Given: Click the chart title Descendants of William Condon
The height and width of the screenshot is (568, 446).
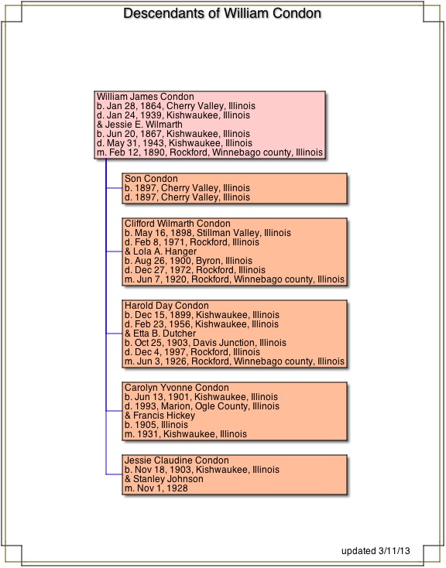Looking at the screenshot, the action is pyautogui.click(x=222, y=13).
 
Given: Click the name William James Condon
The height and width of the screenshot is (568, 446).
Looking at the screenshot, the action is pyautogui.click(x=146, y=97).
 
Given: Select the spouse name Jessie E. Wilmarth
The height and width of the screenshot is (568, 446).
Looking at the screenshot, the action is pyautogui.click(x=143, y=125).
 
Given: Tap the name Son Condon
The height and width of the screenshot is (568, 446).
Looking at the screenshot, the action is pyautogui.click(x=151, y=179).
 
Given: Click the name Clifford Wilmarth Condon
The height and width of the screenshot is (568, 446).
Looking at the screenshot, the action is pyautogui.click(x=177, y=224).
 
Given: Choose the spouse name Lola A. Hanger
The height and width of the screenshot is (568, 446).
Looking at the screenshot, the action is pyautogui.click(x=165, y=251).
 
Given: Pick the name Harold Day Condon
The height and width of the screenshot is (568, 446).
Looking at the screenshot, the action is pyautogui.click(x=166, y=306).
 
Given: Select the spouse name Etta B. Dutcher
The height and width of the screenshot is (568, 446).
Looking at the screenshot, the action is pyautogui.click(x=165, y=334).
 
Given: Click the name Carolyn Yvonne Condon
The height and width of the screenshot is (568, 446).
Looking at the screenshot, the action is pyautogui.click(x=177, y=387).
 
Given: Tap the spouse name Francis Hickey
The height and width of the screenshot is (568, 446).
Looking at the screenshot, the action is pyautogui.click(x=164, y=415).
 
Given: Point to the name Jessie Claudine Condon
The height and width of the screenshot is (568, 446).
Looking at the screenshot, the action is pyautogui.click(x=177, y=460).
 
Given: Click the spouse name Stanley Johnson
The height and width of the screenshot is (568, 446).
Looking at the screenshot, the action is pyautogui.click(x=168, y=479).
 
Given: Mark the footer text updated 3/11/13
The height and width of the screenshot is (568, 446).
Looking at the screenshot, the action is pyautogui.click(x=376, y=551).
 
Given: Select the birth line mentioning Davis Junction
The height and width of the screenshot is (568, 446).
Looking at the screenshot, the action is pyautogui.click(x=206, y=343).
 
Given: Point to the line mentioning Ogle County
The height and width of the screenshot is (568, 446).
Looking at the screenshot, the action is pyautogui.click(x=202, y=406).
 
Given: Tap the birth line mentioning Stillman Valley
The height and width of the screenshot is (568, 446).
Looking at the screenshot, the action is pyautogui.click(x=208, y=233).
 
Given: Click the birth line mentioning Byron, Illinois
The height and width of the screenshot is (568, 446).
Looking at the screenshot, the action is pyautogui.click(x=189, y=261).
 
